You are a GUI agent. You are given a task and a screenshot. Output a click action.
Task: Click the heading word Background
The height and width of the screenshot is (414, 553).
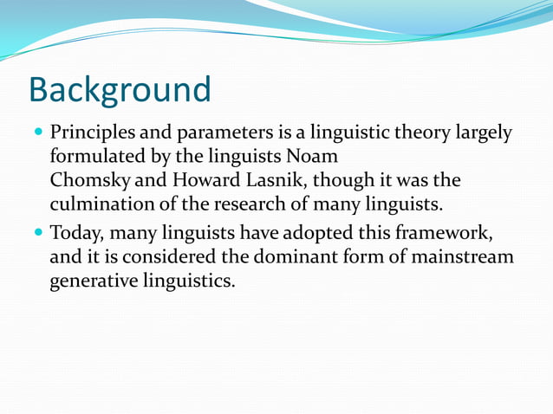[120, 89]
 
